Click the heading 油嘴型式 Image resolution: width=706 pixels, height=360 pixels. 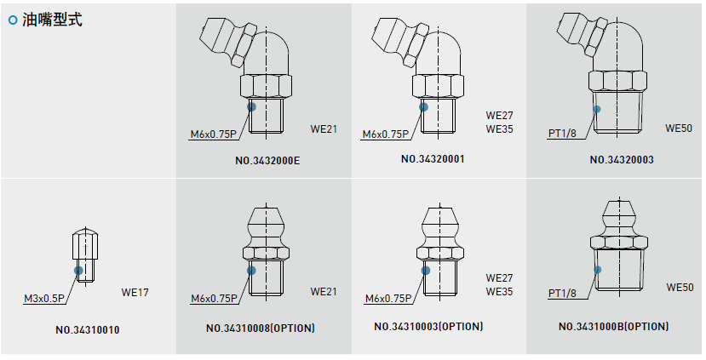pyautogui.click(x=52, y=20)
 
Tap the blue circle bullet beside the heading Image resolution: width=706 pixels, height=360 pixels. pyautogui.click(x=13, y=20)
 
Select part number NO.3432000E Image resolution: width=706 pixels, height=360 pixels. pyautogui.click(x=267, y=161)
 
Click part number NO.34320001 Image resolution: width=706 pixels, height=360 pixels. pyautogui.click(x=433, y=159)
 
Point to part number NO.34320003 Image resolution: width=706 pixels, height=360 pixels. pyautogui.click(x=622, y=160)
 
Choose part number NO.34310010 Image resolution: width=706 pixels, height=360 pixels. pyautogui.click(x=88, y=330)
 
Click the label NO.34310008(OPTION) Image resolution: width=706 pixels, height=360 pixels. pyautogui.click(x=261, y=328)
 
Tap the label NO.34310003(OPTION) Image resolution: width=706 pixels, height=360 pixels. pyautogui.click(x=428, y=326)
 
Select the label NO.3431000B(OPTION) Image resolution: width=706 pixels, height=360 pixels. pyautogui.click(x=614, y=326)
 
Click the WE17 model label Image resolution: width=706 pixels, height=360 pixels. pyautogui.click(x=135, y=293)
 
